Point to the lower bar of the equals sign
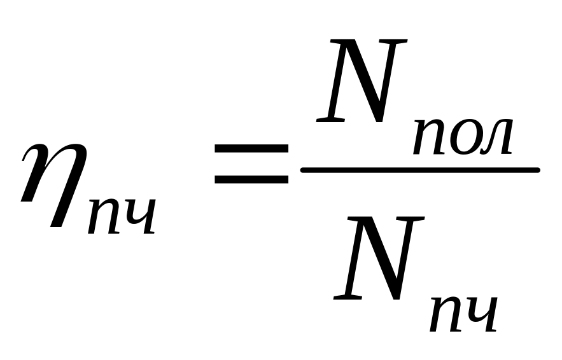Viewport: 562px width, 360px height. (x=251, y=179)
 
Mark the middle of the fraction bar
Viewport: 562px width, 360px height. (x=420, y=170)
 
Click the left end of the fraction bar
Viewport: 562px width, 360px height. (x=304, y=170)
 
